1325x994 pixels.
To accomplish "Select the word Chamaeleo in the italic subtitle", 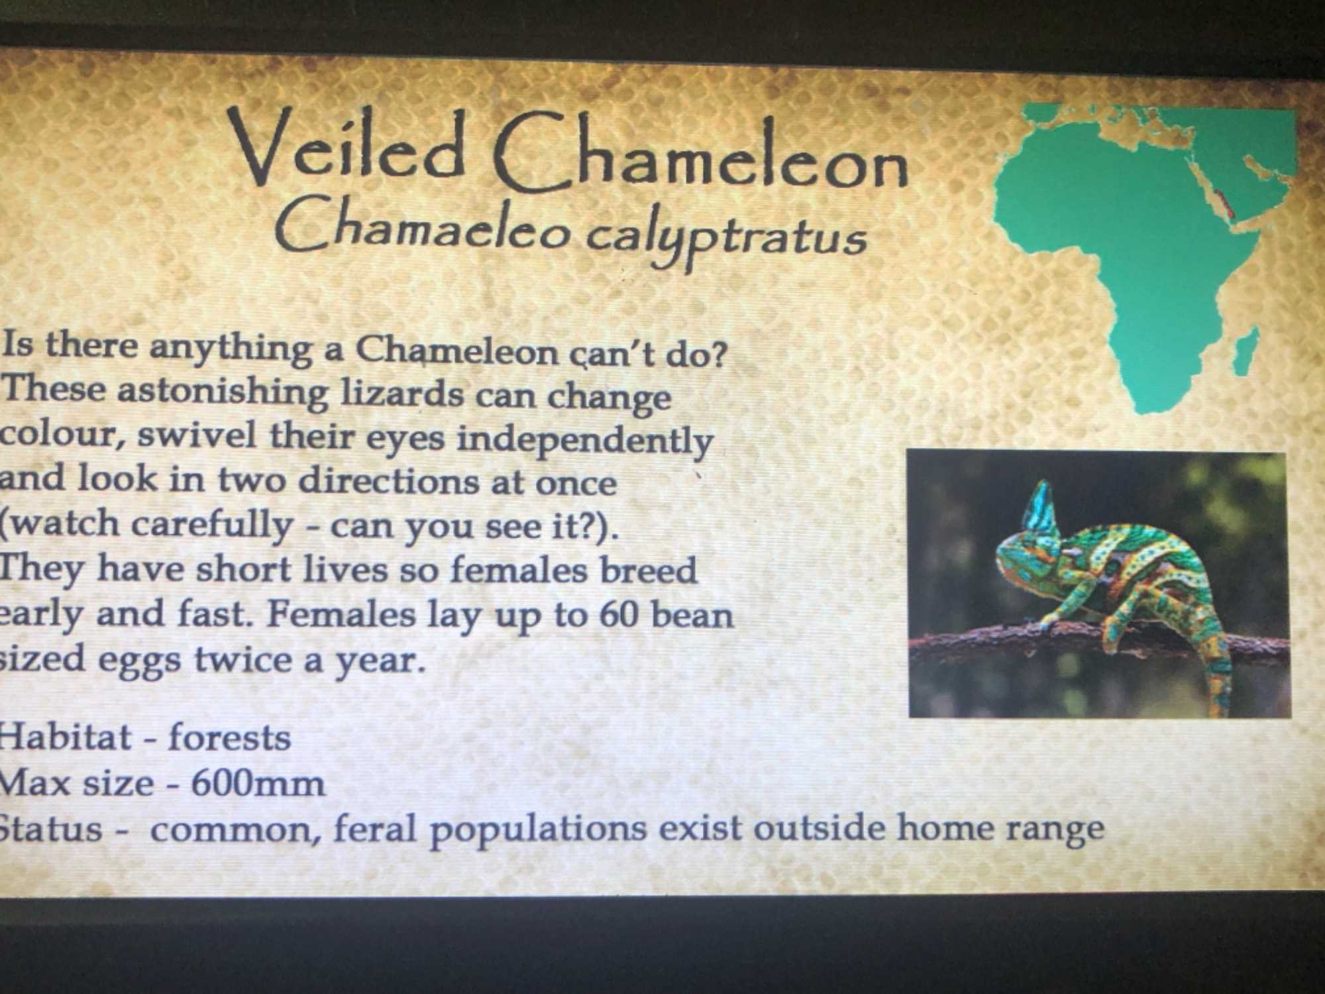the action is (422, 225).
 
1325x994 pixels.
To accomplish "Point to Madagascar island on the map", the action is (1245, 351).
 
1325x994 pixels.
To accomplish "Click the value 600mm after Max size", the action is (258, 784).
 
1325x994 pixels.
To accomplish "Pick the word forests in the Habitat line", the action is (229, 738).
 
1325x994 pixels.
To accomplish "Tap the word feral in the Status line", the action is (375, 828).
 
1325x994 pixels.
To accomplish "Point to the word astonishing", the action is (222, 391).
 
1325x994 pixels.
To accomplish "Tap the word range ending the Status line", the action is (1055, 829).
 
